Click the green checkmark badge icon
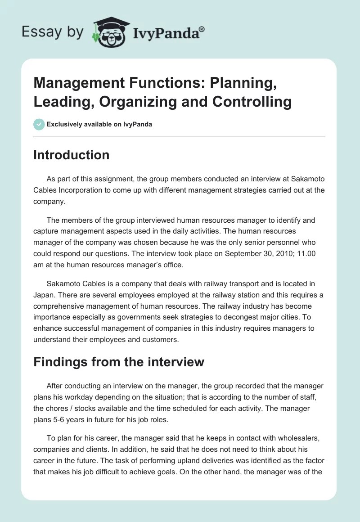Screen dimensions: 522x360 [39, 124]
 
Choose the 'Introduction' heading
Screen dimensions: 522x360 [72, 155]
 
